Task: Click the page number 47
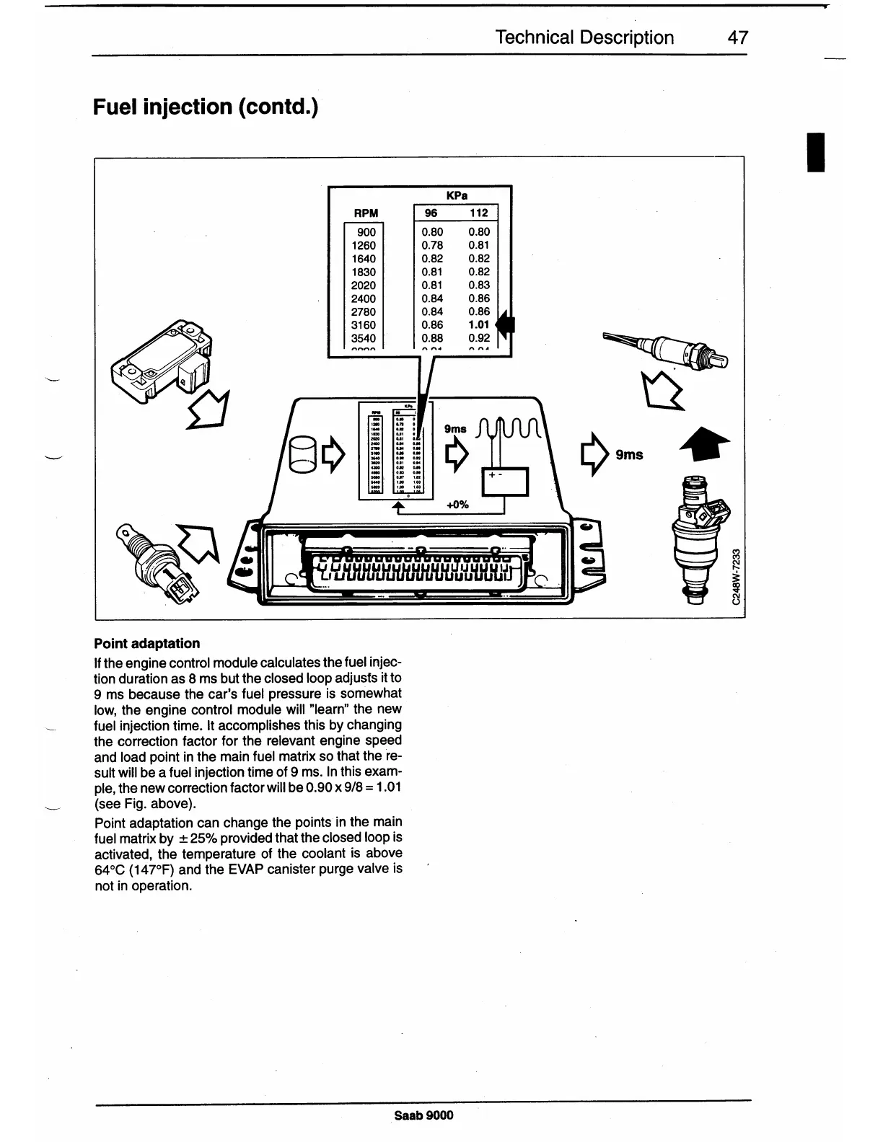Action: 737,37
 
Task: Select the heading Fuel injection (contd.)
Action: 206,107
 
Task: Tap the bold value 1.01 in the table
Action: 478,325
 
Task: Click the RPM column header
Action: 365,213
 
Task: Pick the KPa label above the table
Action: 457,195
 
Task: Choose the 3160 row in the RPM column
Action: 363,325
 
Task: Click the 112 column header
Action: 478,213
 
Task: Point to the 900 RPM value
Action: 366,232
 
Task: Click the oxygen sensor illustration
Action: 667,350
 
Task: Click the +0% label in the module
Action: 458,505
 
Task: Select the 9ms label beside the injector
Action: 629,455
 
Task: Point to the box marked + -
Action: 505,481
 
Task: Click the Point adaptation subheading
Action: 147,643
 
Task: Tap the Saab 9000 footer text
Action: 424,1115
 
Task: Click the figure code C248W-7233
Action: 735,577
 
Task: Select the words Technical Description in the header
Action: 584,37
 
